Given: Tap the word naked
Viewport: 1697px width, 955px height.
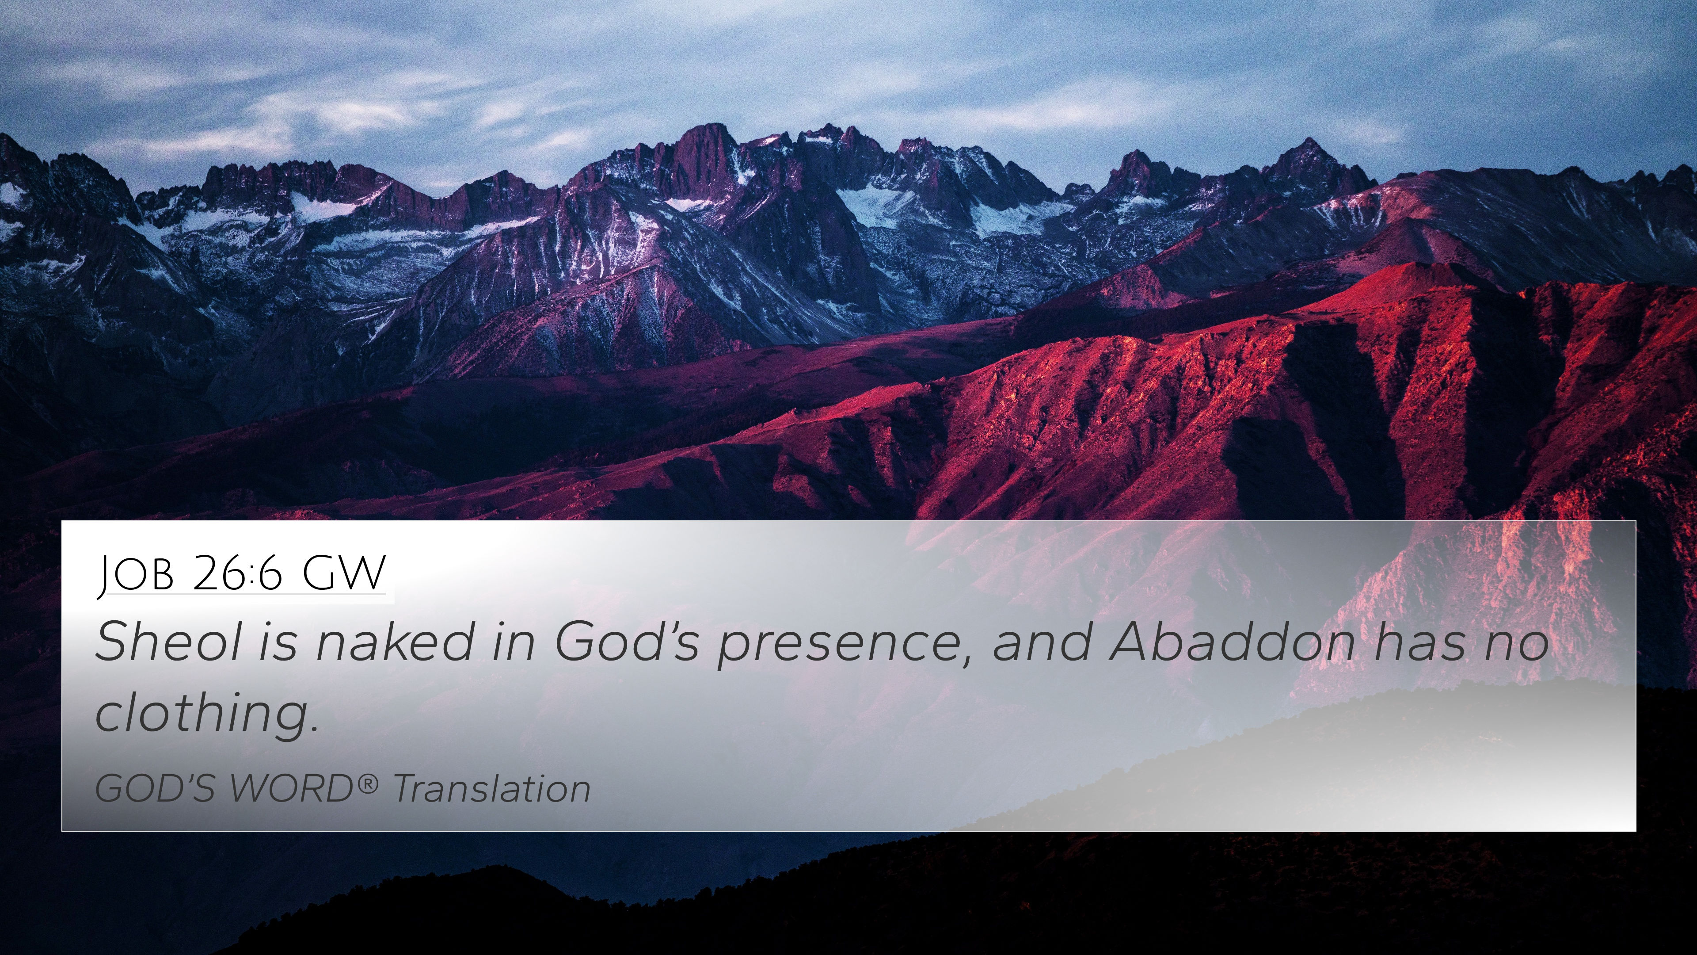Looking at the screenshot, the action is (x=394, y=641).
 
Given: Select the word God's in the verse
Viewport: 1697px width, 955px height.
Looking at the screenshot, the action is (x=626, y=641).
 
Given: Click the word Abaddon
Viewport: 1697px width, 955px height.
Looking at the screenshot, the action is (x=1232, y=641).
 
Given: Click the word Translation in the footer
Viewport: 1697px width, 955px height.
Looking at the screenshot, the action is (x=491, y=789).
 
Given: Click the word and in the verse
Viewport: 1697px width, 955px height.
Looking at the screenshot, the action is (x=1042, y=641).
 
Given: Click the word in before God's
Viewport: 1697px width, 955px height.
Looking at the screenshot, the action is (x=513, y=641).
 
